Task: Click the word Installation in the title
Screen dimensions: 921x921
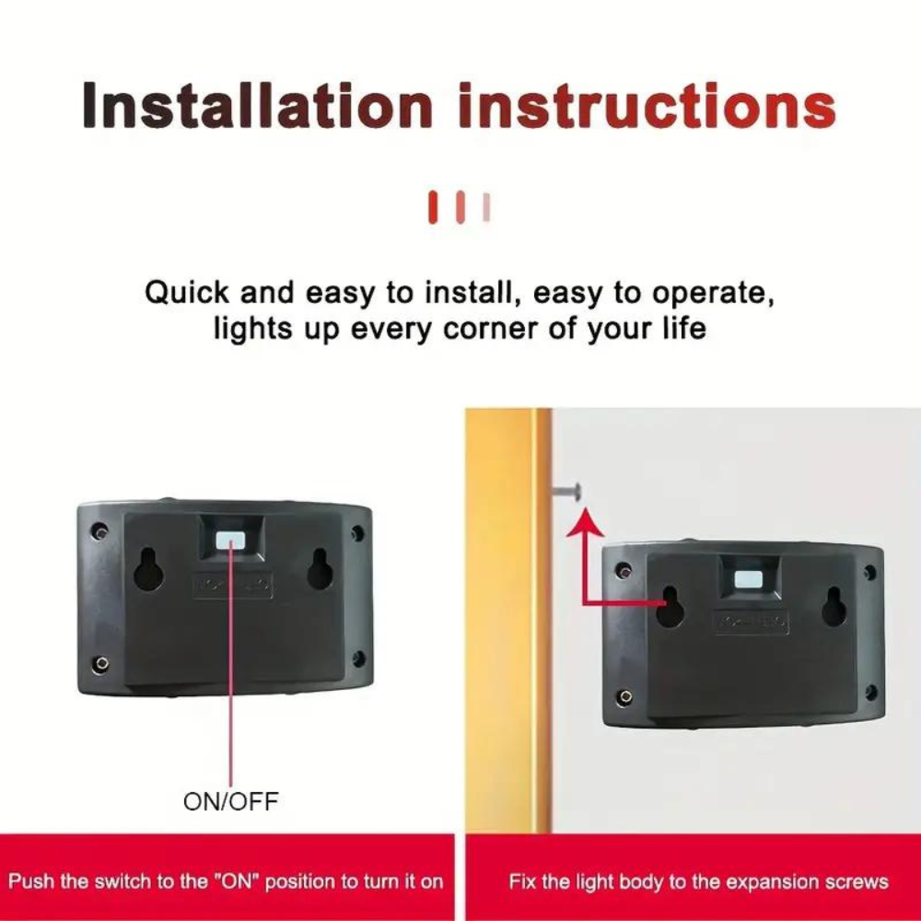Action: click(x=257, y=105)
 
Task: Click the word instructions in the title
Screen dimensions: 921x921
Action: click(x=647, y=105)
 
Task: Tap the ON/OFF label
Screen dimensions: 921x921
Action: click(x=231, y=801)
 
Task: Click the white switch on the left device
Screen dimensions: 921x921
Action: click(x=230, y=540)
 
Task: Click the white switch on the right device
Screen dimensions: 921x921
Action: click(x=749, y=579)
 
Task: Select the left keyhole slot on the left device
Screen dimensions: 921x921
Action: click(x=146, y=569)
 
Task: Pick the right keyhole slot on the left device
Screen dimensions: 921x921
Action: click(x=319, y=568)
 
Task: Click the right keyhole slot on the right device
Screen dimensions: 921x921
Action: click(x=833, y=607)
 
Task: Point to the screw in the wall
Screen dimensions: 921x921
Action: click(x=566, y=491)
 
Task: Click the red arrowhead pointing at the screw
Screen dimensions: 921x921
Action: click(x=585, y=523)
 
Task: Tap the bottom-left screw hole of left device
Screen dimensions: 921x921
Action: click(x=101, y=664)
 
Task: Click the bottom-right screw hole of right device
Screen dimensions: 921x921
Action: click(x=870, y=692)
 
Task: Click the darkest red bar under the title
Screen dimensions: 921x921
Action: click(x=433, y=206)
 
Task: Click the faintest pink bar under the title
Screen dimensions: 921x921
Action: click(x=486, y=206)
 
